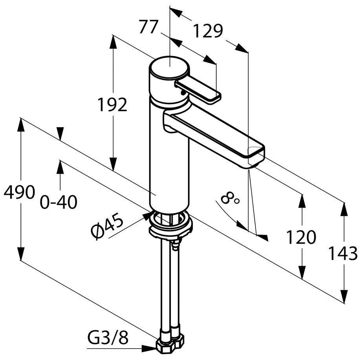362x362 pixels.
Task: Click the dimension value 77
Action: (x=148, y=27)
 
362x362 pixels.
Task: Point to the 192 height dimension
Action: (x=113, y=105)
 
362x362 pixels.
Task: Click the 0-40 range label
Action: (x=59, y=203)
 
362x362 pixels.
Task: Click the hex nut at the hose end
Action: (x=169, y=345)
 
